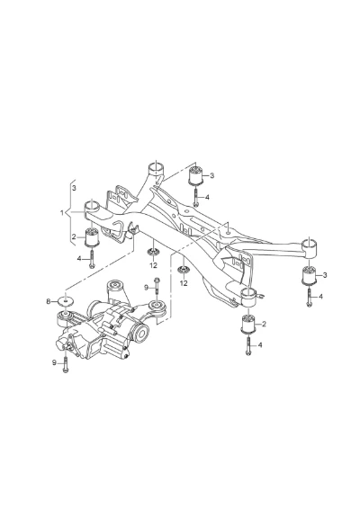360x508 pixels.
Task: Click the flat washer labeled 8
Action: (x=66, y=301)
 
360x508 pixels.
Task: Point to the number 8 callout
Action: (x=49, y=301)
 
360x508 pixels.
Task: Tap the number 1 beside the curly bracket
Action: (x=61, y=213)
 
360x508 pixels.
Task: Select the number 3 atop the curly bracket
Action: (x=75, y=188)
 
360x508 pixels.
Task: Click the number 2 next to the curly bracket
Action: (x=74, y=236)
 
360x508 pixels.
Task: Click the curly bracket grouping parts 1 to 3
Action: (x=69, y=212)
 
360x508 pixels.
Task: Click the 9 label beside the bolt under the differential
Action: (x=54, y=362)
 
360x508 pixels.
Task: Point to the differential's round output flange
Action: (x=141, y=334)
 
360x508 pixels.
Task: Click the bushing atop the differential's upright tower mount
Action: (x=116, y=285)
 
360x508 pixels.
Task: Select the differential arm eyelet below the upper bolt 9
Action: (x=157, y=306)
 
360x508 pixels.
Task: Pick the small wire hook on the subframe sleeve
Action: (x=261, y=295)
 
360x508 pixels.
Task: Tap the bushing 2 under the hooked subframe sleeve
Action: (x=249, y=324)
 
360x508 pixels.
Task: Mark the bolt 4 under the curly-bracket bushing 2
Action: (x=92, y=259)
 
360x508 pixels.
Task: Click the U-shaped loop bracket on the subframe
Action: (x=117, y=229)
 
